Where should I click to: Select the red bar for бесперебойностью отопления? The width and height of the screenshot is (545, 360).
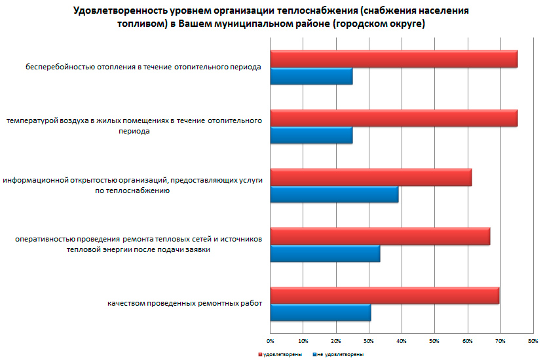pos(394,59)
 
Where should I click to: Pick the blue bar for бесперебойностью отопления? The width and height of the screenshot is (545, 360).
pos(311,77)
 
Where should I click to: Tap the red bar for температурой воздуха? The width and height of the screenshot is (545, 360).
pos(394,118)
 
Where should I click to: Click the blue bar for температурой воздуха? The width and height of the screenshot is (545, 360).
pos(311,135)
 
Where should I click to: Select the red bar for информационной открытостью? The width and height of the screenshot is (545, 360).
pos(371,177)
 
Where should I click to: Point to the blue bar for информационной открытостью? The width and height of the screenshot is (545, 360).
pos(334,194)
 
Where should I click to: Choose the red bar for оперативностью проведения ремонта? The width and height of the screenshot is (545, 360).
pos(380,236)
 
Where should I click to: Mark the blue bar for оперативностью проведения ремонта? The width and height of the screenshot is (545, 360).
pos(325,253)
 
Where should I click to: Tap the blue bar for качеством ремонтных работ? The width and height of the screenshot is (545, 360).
pos(320,312)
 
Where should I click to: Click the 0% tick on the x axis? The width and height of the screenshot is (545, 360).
pos(271,341)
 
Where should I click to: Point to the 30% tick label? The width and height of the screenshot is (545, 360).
pos(369,341)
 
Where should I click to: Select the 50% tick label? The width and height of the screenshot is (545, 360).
pos(434,341)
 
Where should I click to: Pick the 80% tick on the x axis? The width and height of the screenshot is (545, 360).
pos(533,341)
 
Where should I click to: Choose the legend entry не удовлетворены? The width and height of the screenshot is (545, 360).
pos(339,354)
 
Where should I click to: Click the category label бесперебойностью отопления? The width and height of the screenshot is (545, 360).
pos(144,67)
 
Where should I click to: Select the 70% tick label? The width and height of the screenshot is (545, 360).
pos(500,341)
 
